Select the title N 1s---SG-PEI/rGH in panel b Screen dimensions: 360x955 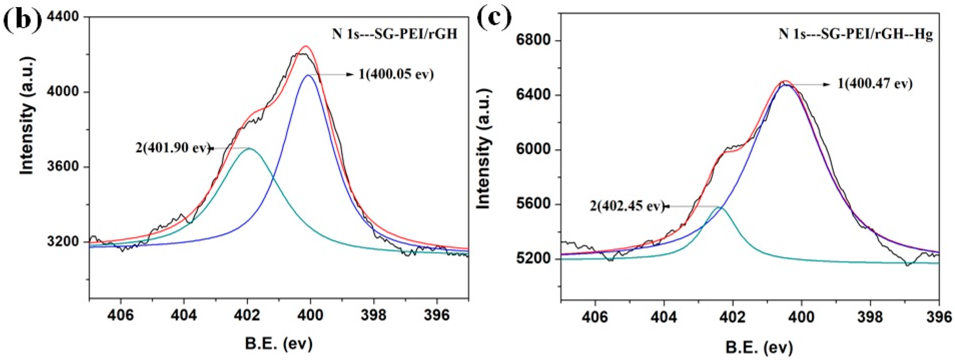[394, 34]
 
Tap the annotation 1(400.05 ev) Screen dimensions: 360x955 [396, 74]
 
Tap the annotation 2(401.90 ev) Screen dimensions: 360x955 [173, 148]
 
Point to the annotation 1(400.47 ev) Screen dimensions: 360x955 [875, 84]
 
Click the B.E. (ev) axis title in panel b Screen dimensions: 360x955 [279, 344]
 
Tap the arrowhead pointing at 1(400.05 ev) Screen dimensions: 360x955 [351, 74]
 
